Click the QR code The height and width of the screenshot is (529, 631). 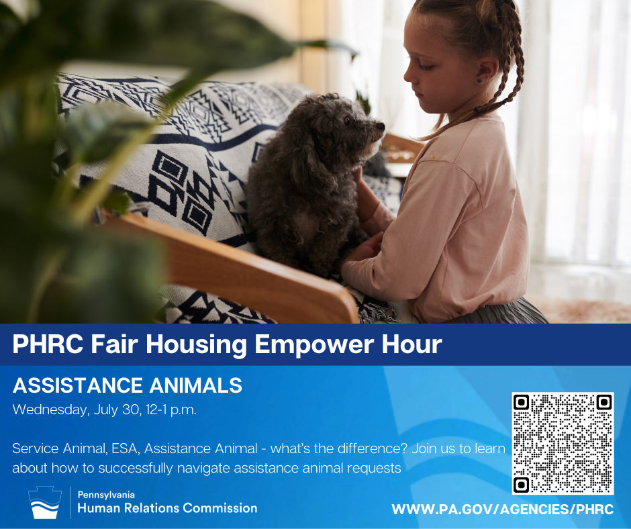(x=563, y=443)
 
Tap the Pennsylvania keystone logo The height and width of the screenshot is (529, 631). (x=45, y=502)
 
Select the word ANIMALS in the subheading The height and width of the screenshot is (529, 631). (x=195, y=385)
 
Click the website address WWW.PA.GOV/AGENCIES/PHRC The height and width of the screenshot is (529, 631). (x=503, y=510)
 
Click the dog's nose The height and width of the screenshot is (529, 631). (x=381, y=126)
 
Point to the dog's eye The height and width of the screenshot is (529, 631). (x=347, y=119)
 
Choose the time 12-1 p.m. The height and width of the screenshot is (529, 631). (x=171, y=410)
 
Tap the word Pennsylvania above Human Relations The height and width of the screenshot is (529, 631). (x=106, y=495)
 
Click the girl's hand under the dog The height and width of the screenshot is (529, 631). (x=360, y=252)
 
